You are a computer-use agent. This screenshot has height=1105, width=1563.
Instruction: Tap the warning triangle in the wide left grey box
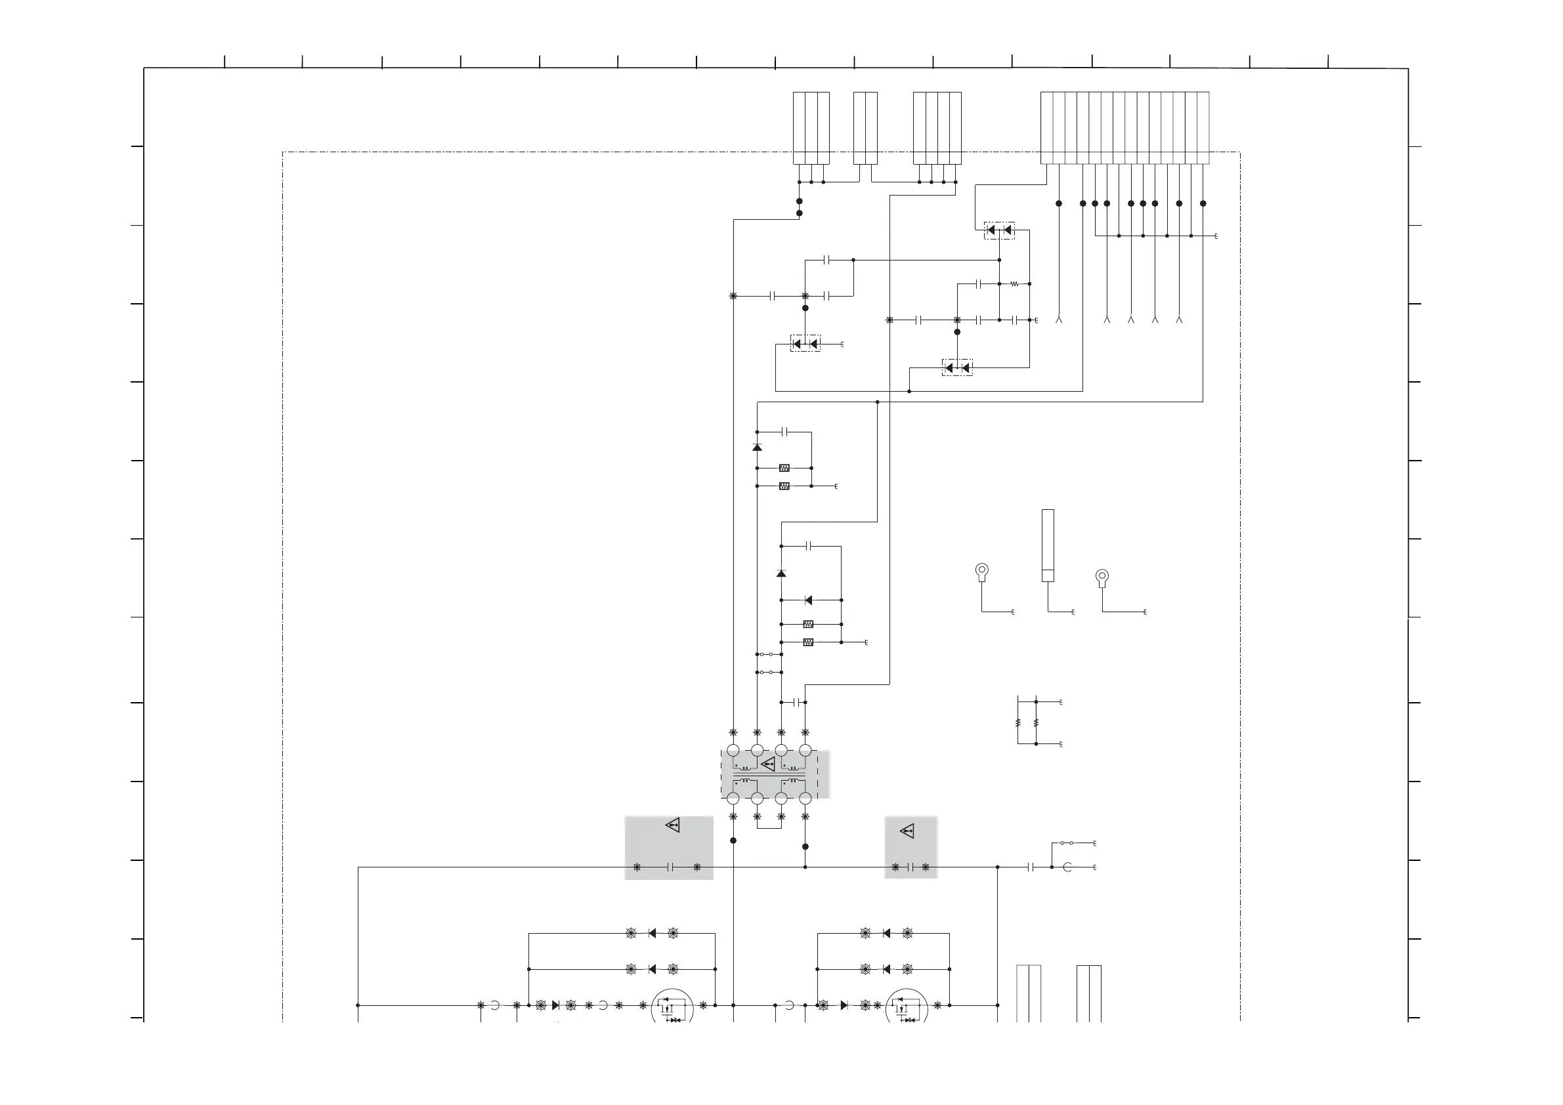[x=673, y=825]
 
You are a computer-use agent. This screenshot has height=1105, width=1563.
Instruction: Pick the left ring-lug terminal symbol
[x=981, y=572]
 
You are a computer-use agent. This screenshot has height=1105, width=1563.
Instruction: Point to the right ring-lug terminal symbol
[x=1102, y=577]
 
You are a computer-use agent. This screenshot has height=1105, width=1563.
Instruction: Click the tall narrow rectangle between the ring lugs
[x=1048, y=545]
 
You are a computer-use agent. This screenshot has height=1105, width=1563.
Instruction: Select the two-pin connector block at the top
[x=865, y=128]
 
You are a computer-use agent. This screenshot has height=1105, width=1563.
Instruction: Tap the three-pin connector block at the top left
[x=811, y=128]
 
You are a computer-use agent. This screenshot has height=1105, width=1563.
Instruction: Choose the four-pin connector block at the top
[x=937, y=128]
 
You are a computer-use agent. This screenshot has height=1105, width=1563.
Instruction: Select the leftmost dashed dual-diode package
[x=805, y=344]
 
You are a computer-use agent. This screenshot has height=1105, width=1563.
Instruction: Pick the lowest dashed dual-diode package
[x=957, y=368]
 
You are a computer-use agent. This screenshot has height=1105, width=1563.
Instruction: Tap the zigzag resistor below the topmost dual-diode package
[x=1014, y=283]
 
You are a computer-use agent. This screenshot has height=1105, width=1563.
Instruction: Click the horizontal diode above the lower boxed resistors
[x=808, y=600]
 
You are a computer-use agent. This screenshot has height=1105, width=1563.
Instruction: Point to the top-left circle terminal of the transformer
[x=733, y=751]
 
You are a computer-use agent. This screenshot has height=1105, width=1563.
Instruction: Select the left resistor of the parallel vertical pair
[x=1017, y=722]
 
